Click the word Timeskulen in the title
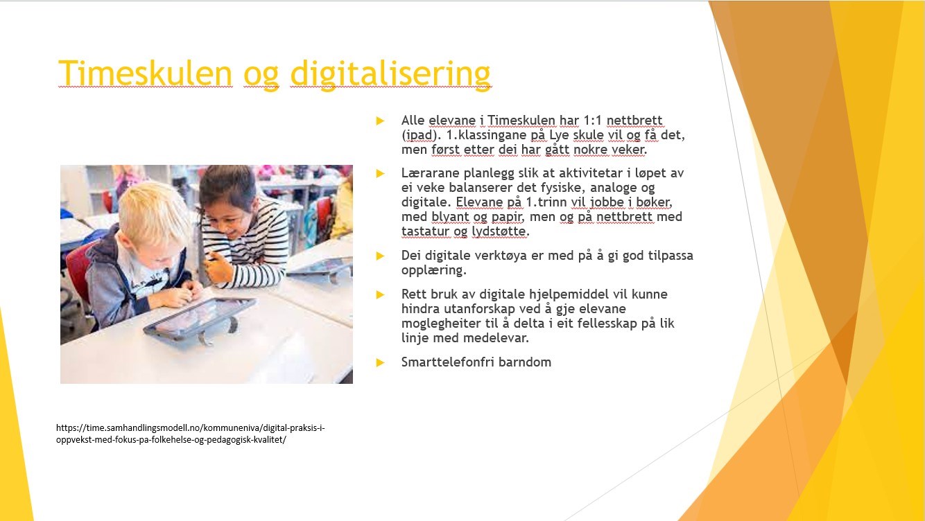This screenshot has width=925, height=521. [145, 73]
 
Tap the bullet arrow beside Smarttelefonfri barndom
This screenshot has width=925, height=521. [380, 362]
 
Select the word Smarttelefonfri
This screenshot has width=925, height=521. [448, 362]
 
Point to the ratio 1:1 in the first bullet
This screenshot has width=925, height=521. [593, 120]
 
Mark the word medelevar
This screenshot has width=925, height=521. [496, 338]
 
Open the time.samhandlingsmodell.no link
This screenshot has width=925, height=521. [191, 434]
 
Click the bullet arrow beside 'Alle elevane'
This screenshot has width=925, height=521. [380, 121]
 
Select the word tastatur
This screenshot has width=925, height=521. [425, 231]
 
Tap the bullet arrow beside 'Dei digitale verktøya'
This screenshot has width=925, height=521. [380, 256]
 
